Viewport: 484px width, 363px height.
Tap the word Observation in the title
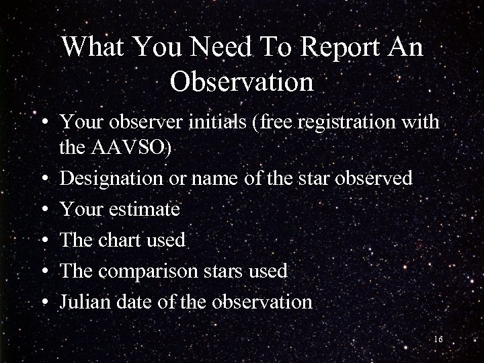[x=242, y=82]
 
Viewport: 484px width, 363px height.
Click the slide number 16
[x=438, y=339]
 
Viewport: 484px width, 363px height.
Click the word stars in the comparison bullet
[x=229, y=271]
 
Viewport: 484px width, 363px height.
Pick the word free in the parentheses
[x=279, y=123]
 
